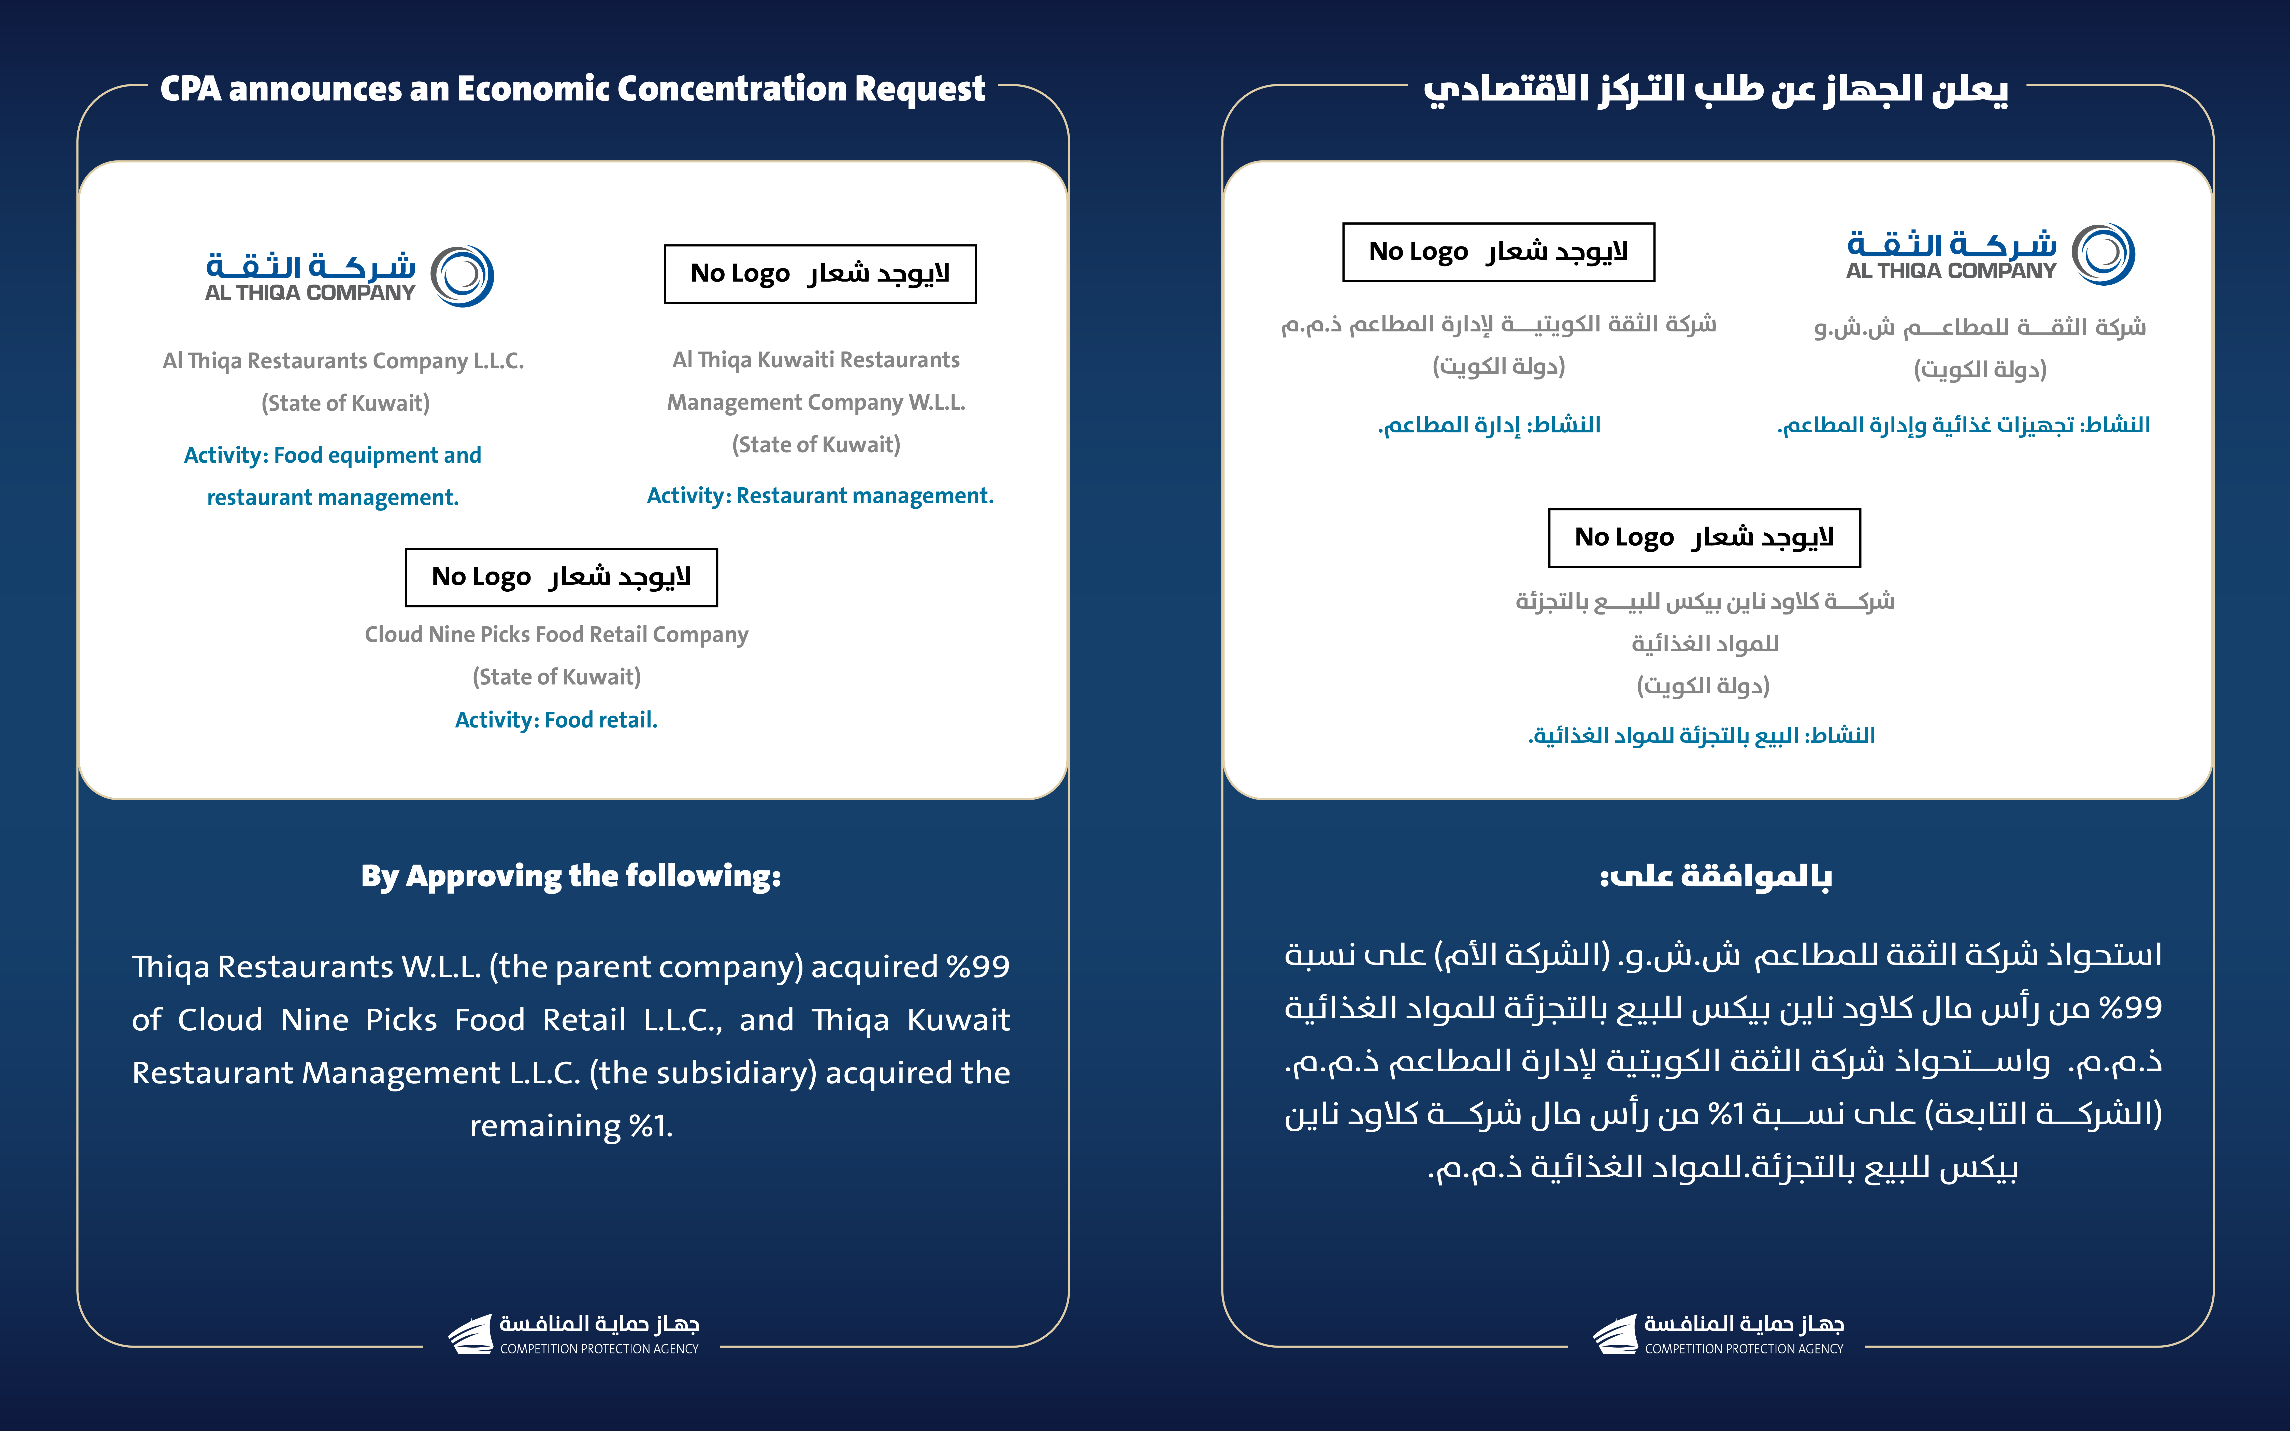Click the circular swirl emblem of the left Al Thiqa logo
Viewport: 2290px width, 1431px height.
click(462, 275)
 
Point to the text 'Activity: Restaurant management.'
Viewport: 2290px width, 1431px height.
click(820, 496)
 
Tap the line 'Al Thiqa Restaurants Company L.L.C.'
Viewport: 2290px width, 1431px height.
click(343, 361)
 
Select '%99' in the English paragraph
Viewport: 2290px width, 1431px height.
click(978, 966)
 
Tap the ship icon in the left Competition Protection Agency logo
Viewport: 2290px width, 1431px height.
click(470, 1334)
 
